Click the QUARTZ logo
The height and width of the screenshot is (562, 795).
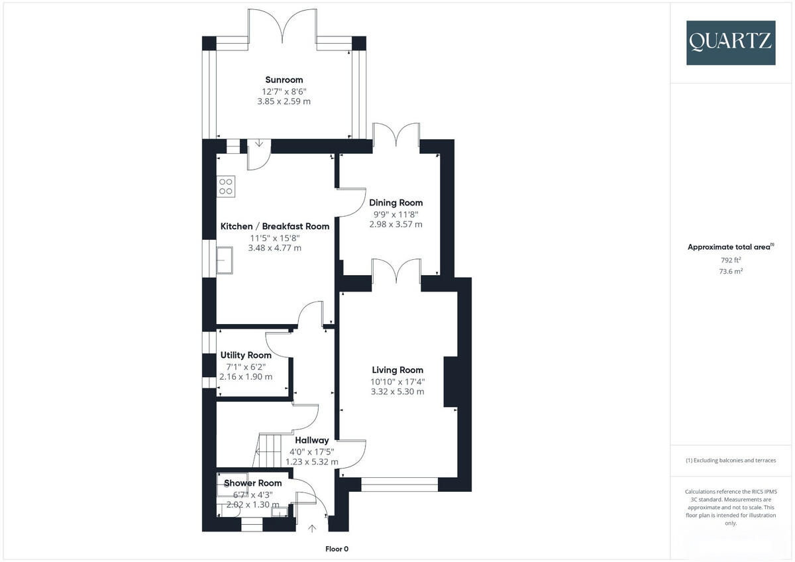tap(731, 42)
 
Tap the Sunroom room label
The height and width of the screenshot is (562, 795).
tap(284, 80)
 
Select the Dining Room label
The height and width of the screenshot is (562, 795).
tap(396, 203)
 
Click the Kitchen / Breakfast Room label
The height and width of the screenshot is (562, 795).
tap(274, 226)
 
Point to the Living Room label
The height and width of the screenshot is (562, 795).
tap(397, 370)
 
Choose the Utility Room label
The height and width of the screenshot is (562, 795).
tap(246, 355)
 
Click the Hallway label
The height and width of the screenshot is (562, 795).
tap(311, 440)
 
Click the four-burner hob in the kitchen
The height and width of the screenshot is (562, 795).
tap(226, 186)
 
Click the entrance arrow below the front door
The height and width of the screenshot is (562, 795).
tap(312, 528)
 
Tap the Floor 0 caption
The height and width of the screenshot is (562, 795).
tap(337, 549)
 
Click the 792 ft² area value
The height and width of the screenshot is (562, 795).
tap(731, 260)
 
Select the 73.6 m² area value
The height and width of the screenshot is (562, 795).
tap(731, 271)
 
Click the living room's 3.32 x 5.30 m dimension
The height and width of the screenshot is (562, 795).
tap(397, 392)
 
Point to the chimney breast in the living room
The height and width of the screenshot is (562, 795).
tap(451, 381)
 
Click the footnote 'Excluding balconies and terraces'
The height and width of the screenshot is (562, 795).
tap(731, 460)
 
